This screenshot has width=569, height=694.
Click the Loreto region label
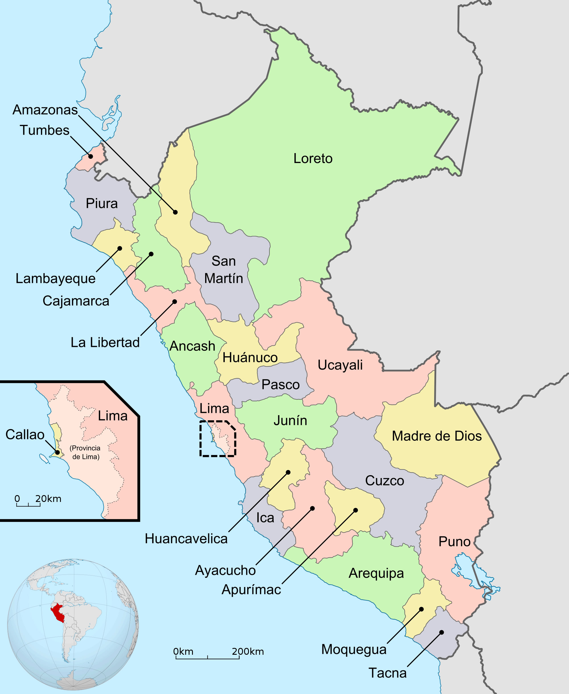click(x=313, y=158)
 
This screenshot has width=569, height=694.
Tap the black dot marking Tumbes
click(x=91, y=156)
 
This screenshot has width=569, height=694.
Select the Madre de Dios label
click(x=437, y=436)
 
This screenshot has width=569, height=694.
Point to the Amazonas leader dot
click(x=175, y=212)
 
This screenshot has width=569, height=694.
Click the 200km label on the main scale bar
click(x=248, y=651)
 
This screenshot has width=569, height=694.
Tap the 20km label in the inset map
click(x=48, y=499)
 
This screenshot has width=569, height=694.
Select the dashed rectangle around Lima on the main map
click(x=218, y=438)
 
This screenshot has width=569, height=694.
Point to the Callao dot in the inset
click(x=57, y=452)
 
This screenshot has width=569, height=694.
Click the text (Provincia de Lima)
click(x=85, y=452)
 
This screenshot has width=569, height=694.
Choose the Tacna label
click(x=387, y=673)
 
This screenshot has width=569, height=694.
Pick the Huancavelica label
click(x=186, y=539)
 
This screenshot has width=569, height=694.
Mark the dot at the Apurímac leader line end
click(x=356, y=510)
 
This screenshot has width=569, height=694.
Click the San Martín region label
click(x=224, y=270)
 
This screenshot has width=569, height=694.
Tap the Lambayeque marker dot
click(x=120, y=248)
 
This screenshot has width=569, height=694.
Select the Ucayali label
click(x=340, y=365)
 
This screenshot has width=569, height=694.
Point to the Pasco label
click(x=281, y=384)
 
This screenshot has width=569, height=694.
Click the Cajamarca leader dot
click(x=151, y=254)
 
